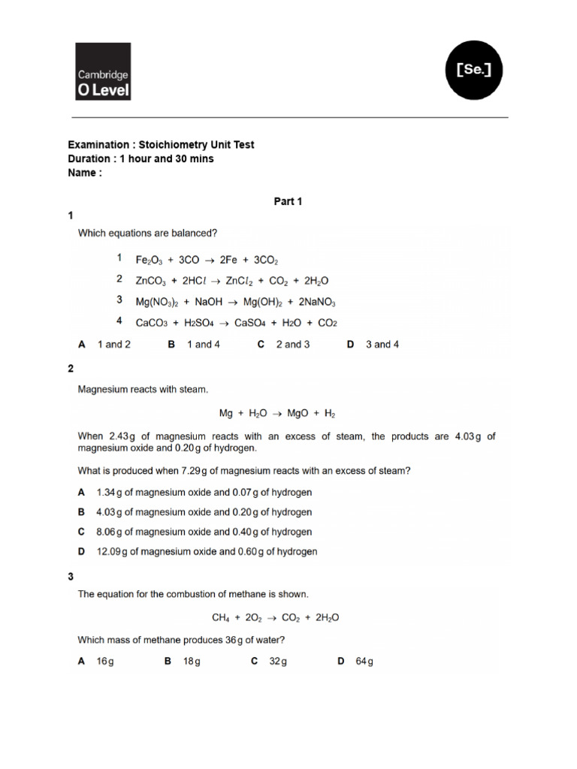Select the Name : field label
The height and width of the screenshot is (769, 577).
click(x=85, y=173)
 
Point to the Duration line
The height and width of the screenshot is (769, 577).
click(x=140, y=158)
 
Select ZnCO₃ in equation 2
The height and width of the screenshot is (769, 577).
click(x=152, y=281)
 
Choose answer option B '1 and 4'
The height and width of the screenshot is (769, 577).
click(x=194, y=345)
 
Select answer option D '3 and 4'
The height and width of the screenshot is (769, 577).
click(x=373, y=345)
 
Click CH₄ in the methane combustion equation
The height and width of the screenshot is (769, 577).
click(x=221, y=618)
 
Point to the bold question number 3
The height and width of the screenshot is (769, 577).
click(x=71, y=577)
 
